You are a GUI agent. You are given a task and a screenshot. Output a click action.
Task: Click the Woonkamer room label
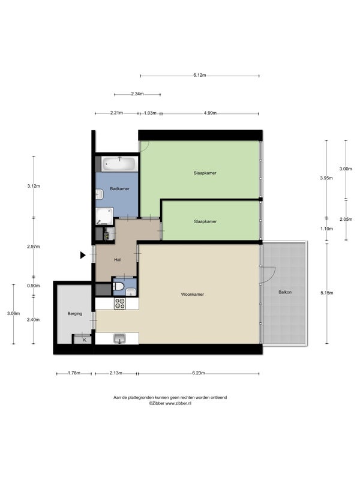(192, 295)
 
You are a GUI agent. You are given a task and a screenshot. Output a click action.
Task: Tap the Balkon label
(285, 292)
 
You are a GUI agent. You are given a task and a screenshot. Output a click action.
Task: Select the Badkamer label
(119, 189)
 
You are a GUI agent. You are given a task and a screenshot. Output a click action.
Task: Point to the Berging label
(74, 314)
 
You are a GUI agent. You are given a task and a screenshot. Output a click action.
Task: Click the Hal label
(117, 260)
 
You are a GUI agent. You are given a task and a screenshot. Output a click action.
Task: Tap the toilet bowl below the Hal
(118, 287)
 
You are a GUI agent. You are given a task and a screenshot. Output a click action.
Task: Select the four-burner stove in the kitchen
(119, 304)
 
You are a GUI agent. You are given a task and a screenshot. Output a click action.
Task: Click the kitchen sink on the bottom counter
(119, 339)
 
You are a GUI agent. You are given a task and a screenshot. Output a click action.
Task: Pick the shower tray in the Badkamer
(104, 216)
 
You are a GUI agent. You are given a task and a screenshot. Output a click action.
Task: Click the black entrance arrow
(83, 255)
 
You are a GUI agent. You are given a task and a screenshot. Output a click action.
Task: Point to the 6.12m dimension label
(200, 76)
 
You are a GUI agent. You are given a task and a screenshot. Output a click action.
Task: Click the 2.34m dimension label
(137, 94)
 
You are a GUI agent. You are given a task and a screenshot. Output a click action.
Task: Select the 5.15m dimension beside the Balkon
(327, 293)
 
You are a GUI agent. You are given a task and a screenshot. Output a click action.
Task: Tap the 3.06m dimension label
(13, 313)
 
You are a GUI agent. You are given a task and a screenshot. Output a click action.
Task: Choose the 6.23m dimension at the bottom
(199, 373)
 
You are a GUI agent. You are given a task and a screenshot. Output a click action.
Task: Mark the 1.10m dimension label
(326, 229)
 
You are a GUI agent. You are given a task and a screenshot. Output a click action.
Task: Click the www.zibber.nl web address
(178, 403)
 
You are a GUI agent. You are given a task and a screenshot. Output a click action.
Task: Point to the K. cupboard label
(85, 340)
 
